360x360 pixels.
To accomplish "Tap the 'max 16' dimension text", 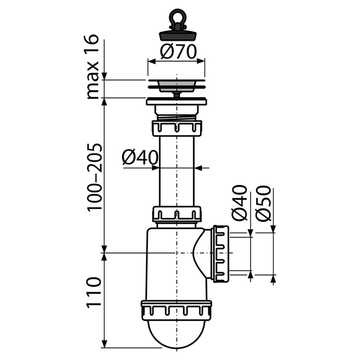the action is [x=92, y=67].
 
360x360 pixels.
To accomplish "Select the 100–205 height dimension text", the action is [x=94, y=177].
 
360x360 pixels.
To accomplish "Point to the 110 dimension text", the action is [x=94, y=292].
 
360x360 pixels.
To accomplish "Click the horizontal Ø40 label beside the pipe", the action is [x=140, y=157].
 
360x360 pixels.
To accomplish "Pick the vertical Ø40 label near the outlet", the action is [x=240, y=203].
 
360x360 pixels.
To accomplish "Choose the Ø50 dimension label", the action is [x=263, y=204].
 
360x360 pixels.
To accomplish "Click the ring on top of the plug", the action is [x=176, y=17].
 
